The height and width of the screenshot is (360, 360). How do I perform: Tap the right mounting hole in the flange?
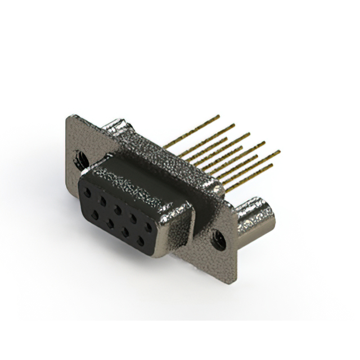[219, 241]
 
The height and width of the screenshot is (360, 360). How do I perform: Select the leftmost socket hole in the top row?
[87, 192]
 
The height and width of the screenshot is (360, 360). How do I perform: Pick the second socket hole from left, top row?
[102, 200]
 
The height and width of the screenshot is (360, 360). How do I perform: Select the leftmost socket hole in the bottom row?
[95, 214]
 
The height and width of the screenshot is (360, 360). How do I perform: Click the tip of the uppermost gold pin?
[218, 116]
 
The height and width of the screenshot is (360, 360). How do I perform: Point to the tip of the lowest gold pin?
[272, 166]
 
